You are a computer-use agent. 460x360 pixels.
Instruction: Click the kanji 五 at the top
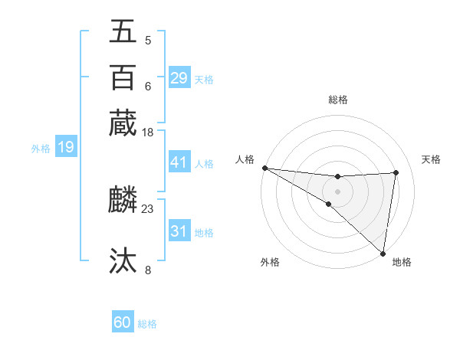(x=123, y=31)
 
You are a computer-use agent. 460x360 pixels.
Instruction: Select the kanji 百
(x=123, y=77)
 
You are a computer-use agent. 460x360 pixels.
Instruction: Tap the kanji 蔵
(x=123, y=123)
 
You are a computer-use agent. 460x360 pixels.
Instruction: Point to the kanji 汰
(x=123, y=261)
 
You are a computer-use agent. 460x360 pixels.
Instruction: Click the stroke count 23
(x=148, y=208)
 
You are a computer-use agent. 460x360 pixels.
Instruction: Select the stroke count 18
(x=148, y=133)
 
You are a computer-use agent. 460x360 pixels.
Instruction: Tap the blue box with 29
(x=179, y=77)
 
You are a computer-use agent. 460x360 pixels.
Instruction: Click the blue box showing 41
(x=179, y=162)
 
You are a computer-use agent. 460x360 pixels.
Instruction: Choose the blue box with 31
(x=179, y=231)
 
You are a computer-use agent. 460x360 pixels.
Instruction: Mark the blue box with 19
(x=66, y=147)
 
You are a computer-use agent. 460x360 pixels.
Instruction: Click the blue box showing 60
(x=123, y=322)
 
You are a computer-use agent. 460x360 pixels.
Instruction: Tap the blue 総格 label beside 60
(x=148, y=324)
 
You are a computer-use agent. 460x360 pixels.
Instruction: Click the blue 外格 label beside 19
(x=41, y=149)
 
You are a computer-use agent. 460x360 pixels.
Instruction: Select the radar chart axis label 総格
(x=338, y=100)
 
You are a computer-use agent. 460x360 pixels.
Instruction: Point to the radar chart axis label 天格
(x=431, y=159)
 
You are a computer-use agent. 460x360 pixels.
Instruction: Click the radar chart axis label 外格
(x=270, y=262)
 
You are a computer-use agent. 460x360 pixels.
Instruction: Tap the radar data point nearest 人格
(x=264, y=168)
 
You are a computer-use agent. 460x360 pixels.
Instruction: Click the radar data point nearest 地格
(x=383, y=252)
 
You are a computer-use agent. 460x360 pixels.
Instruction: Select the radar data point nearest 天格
(x=396, y=172)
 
